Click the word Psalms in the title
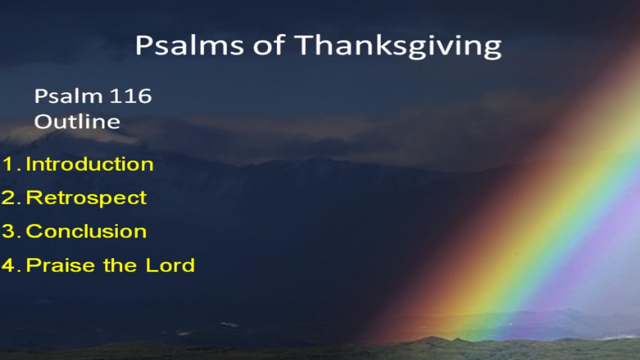[189, 45]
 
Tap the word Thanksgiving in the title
[398, 47]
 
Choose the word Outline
[77, 121]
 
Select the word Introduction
[90, 164]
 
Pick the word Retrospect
[86, 198]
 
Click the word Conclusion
[86, 231]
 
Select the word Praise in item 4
[61, 265]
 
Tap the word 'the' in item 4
[120, 265]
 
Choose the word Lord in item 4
[170, 265]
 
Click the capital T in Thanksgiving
[305, 45]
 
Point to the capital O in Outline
[42, 122]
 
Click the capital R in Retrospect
[34, 197]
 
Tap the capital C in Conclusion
[34, 231]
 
